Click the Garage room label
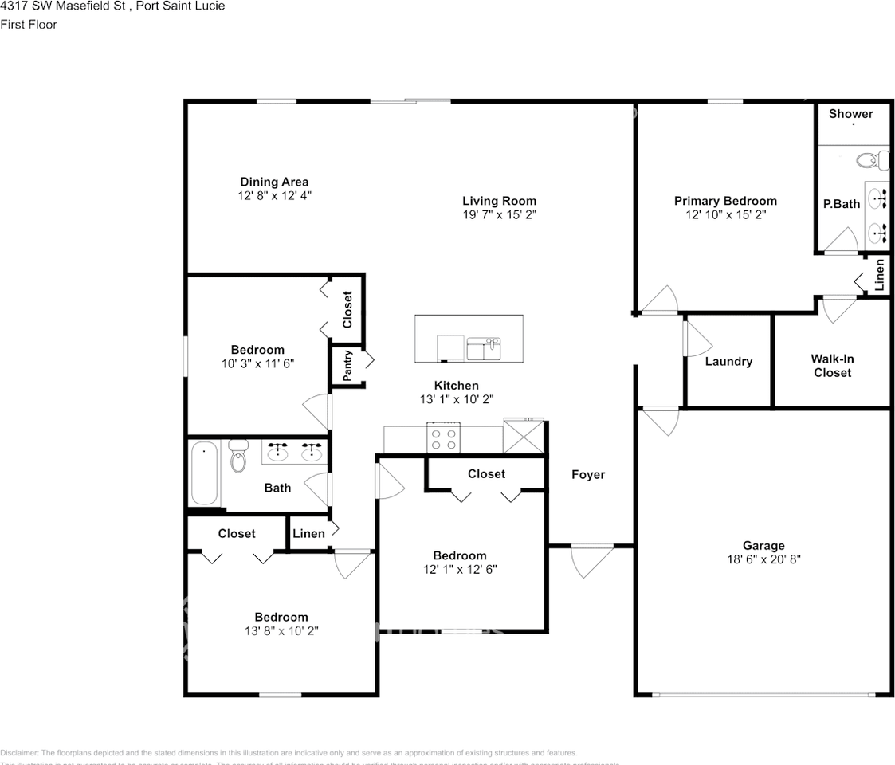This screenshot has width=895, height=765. point(763,546)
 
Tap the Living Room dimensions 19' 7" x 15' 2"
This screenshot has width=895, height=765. point(499,215)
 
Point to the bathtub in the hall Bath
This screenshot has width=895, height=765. point(205,473)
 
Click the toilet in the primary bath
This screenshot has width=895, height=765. point(873,162)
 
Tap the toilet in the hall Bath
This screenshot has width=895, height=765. point(238,457)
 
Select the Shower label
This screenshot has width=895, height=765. point(850,114)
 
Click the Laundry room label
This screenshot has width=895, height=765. point(728,361)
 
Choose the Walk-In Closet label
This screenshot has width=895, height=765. point(832,366)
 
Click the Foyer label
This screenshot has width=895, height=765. point(588,474)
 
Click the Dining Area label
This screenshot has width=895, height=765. point(274,182)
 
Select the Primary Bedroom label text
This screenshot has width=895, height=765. point(725,201)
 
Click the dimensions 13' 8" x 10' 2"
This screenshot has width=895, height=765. point(281,630)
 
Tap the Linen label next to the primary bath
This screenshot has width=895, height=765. point(879,274)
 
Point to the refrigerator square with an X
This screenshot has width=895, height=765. point(523,437)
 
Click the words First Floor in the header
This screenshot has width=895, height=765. point(29,24)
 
